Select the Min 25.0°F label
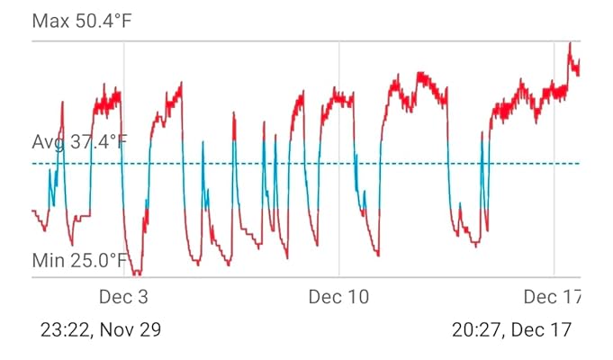[86, 261]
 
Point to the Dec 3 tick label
[123, 297]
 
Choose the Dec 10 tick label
[338, 297]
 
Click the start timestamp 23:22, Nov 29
[101, 329]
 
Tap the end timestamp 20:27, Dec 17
[511, 329]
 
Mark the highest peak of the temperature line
[569, 43]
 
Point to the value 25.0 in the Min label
[103, 261]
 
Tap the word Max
[50, 20]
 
